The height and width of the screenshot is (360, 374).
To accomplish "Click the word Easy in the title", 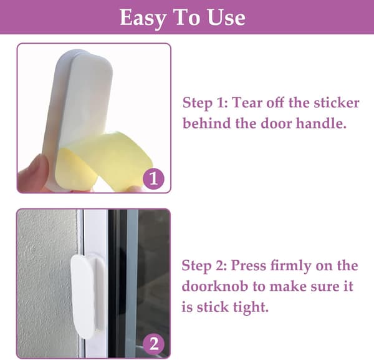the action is point(143,18).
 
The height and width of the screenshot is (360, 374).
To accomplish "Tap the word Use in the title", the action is point(226,17).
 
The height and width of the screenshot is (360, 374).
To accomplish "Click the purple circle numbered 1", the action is point(153,179).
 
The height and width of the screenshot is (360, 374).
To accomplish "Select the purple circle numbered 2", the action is point(153,344).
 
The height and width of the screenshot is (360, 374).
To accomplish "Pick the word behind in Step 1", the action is point(207,124).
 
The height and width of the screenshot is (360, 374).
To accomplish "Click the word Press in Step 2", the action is point(248,265).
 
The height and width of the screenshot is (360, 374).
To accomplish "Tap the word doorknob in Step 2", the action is point(214,286).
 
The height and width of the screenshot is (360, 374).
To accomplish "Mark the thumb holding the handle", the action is point(34,173).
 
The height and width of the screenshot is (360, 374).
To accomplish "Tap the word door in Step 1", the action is point(276,124).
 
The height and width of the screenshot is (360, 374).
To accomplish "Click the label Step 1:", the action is point(205,104).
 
